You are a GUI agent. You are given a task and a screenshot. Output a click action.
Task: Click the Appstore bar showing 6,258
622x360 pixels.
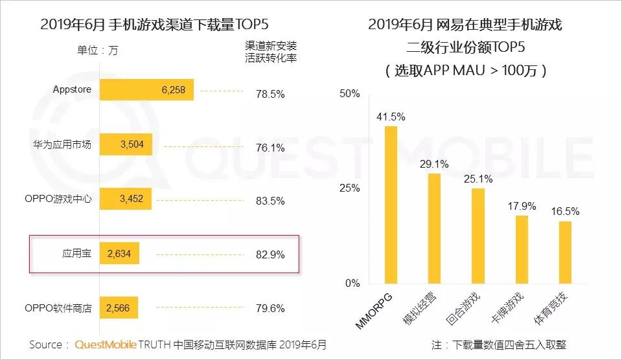[x=146, y=91]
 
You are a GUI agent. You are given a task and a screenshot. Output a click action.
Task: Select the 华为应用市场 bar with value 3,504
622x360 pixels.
[x=126, y=145]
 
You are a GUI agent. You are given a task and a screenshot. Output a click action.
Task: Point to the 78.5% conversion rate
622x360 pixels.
[x=270, y=94]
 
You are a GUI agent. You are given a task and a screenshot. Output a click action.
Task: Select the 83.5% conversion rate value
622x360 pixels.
[x=270, y=201]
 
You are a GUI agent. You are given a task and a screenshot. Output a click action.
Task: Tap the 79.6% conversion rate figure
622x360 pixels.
[x=270, y=308]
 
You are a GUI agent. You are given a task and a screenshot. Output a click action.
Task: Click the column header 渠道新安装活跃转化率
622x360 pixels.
[x=270, y=51]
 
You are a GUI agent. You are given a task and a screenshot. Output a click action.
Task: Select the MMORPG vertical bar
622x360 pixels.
[x=391, y=205]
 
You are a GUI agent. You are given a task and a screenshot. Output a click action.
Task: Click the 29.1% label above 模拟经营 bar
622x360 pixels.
[x=433, y=164]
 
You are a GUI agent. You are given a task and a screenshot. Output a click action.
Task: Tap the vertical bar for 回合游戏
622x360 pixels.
[x=478, y=236]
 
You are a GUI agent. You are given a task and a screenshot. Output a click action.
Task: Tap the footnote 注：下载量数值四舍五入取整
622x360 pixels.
[x=498, y=344]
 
